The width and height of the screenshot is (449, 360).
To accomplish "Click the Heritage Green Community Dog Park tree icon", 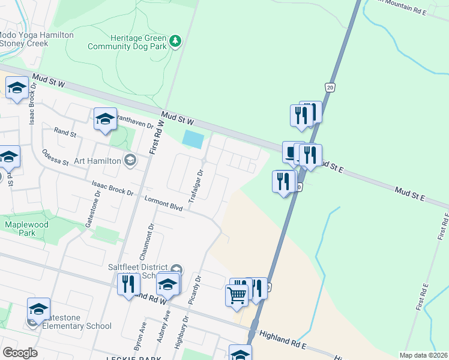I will click(175, 41).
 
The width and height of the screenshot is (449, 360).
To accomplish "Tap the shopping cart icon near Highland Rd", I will click(237, 295).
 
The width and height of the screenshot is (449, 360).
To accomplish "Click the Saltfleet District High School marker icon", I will click(176, 269).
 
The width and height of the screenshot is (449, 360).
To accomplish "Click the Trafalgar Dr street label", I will click(196, 185).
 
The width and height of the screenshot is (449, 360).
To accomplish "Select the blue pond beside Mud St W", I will click(192, 140).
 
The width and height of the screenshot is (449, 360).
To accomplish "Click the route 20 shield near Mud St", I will click(330, 88).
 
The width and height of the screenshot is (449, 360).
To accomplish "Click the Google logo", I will click(20, 353).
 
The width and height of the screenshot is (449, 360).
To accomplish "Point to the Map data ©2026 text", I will click(423, 355).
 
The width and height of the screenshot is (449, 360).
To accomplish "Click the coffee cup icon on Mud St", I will click(292, 152).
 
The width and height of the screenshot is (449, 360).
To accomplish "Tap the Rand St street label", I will click(64, 132).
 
